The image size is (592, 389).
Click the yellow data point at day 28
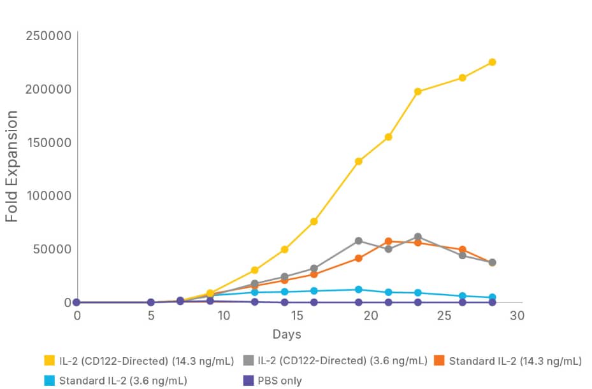click(492, 62)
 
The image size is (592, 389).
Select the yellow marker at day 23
click(418, 92)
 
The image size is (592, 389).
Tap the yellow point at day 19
click(359, 161)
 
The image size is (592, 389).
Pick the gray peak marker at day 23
click(418, 237)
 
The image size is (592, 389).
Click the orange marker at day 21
click(388, 241)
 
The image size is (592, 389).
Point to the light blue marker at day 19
click(359, 290)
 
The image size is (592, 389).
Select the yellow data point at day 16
click(314, 222)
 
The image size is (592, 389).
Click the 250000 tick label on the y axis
click(48, 35)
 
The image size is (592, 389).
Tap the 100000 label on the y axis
click(48, 195)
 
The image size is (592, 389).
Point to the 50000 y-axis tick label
click(51, 249)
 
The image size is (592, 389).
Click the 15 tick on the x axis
click(297, 316)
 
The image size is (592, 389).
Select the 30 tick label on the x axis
click(517, 316)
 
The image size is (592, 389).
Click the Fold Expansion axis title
click(12, 167)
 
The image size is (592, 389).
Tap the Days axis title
click(287, 334)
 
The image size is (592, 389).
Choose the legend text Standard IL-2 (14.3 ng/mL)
click(515, 361)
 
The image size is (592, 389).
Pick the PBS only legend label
click(281, 381)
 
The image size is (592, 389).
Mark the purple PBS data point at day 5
click(151, 302)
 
